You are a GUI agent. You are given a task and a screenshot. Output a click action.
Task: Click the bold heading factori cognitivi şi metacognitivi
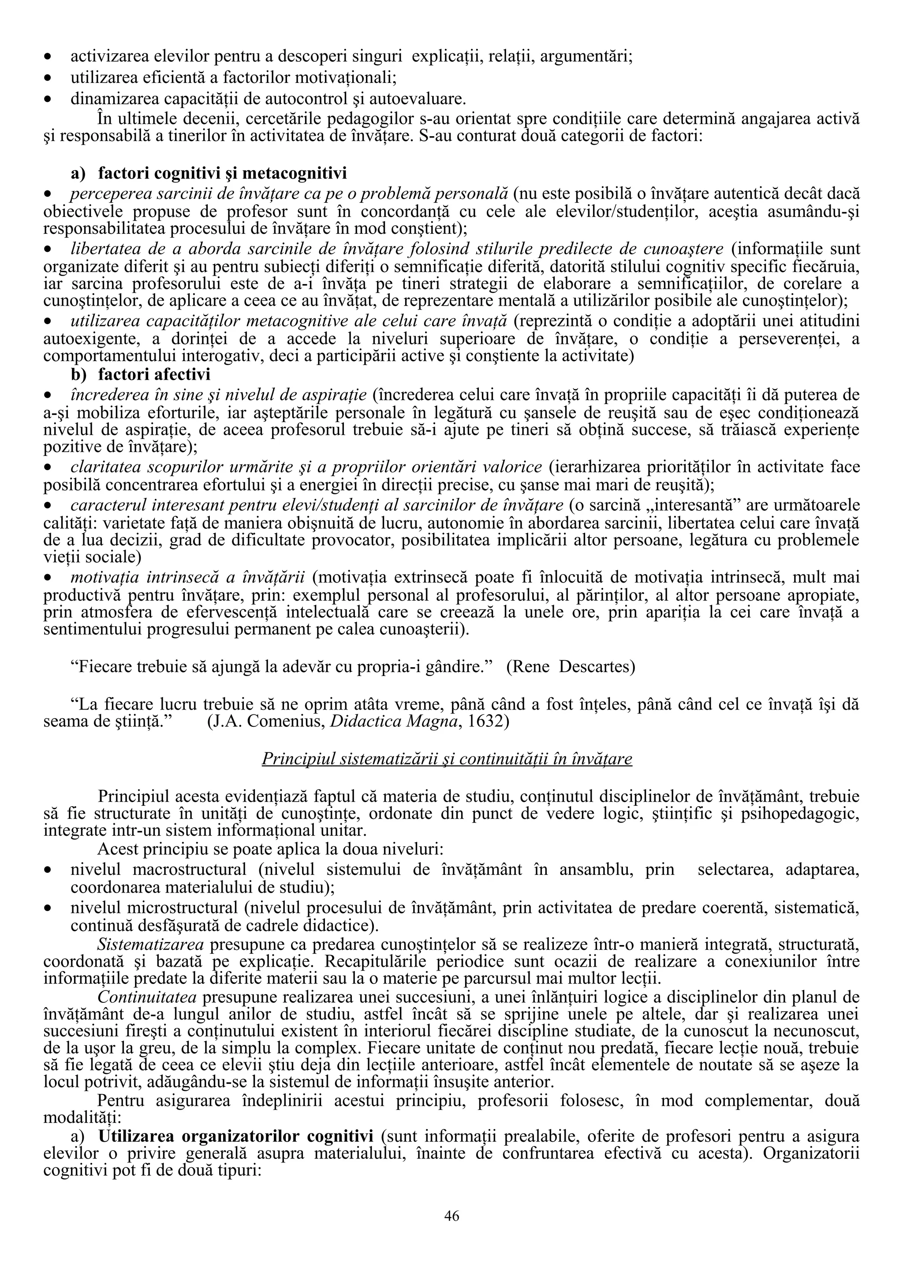point(222,174)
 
